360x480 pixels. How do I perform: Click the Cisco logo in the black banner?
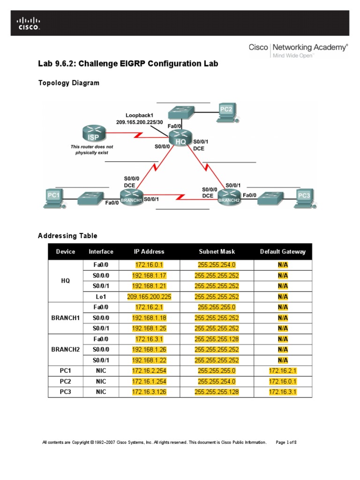point(29,23)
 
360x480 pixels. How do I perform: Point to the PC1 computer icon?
point(54,197)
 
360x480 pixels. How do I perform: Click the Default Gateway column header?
point(283,251)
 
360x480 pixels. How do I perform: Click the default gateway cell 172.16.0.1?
point(283,381)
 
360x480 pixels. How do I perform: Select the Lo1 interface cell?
point(101,296)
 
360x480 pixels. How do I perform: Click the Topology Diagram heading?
point(68,83)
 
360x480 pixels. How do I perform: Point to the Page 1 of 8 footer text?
point(286,442)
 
